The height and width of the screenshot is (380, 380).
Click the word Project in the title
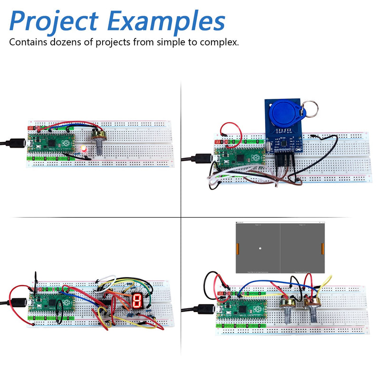pyautogui.click(x=54, y=22)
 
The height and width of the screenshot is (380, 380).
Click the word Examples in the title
pyautogui.click(x=166, y=22)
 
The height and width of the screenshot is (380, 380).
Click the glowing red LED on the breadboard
pyautogui.click(x=84, y=149)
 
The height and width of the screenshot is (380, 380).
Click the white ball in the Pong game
pyautogui.click(x=260, y=248)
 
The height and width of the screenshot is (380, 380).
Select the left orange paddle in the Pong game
pyautogui.click(x=237, y=248)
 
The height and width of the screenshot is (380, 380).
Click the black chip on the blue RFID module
pyautogui.click(x=282, y=141)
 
